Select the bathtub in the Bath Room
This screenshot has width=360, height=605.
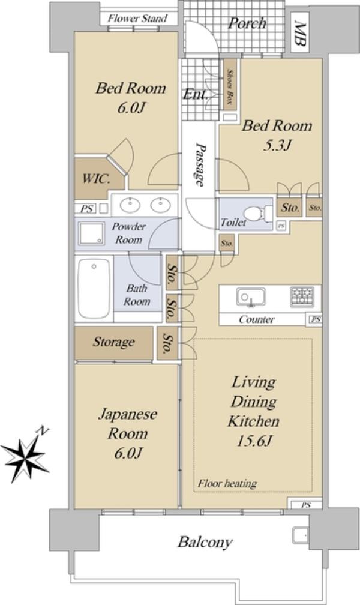tap(94, 288)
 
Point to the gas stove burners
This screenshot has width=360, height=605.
tap(302, 296)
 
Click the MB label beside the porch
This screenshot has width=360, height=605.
tap(300, 35)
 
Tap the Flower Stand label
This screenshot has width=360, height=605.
tap(138, 18)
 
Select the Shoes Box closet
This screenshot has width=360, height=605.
tap(230, 86)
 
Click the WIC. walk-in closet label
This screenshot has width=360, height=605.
tap(97, 179)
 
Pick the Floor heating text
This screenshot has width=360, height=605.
tap(227, 484)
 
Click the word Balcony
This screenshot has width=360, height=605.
tap(205, 543)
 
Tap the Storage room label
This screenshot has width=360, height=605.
tap(114, 342)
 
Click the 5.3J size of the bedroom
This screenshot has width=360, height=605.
tap(277, 145)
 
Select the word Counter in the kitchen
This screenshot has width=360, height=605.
tap(257, 319)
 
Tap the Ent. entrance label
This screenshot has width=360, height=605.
tap(196, 94)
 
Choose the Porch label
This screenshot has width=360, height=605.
tap(247, 24)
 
